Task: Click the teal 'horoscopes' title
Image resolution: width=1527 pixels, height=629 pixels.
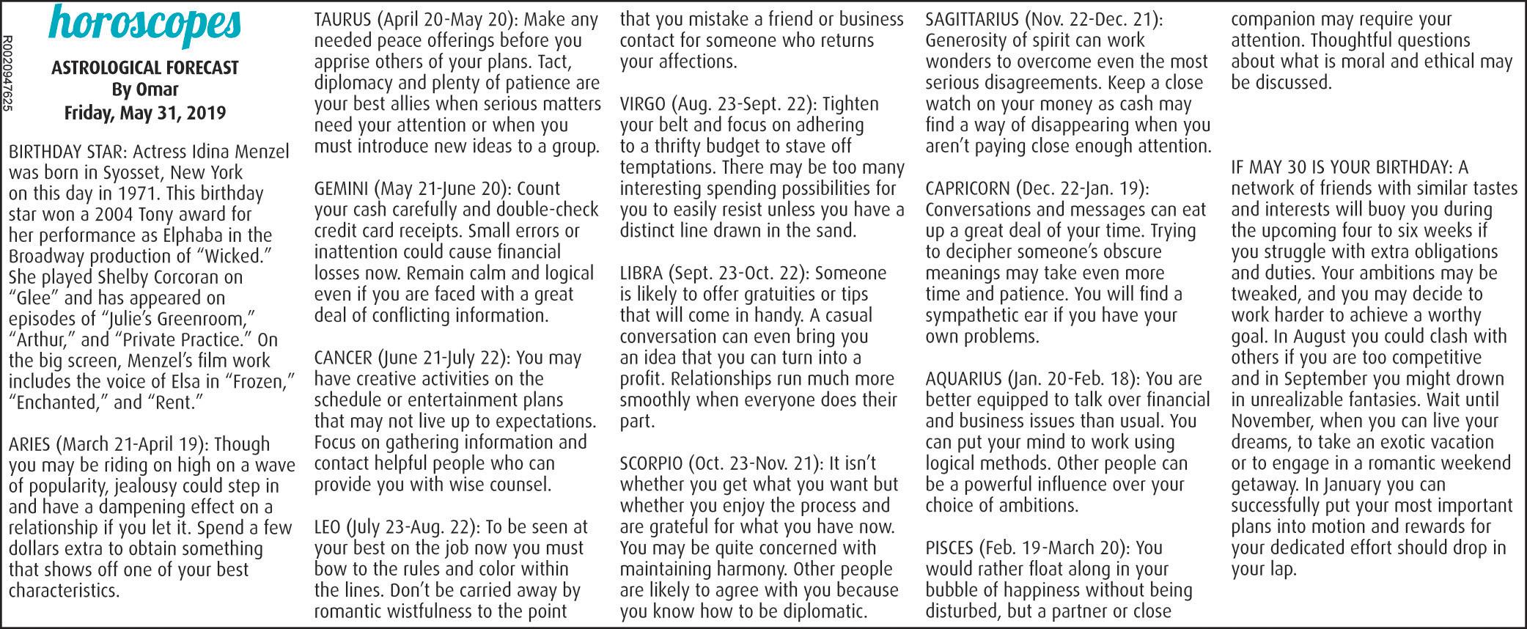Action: click(x=144, y=24)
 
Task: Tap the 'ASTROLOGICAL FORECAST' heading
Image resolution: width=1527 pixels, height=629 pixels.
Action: click(x=145, y=68)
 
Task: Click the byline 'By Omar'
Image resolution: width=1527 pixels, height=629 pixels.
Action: click(x=145, y=90)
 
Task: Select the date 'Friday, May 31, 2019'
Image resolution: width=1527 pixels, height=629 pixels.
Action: click(x=145, y=113)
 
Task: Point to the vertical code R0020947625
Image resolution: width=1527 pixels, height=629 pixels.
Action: click(x=7, y=73)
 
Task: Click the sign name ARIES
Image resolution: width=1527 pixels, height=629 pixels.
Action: click(x=29, y=444)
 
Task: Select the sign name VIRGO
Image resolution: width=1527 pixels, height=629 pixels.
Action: click(x=643, y=104)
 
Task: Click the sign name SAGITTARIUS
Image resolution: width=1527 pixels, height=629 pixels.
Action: click(x=972, y=20)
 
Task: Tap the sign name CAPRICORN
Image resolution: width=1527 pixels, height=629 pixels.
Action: click(x=967, y=189)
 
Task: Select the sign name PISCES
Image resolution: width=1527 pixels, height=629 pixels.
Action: click(x=949, y=548)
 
